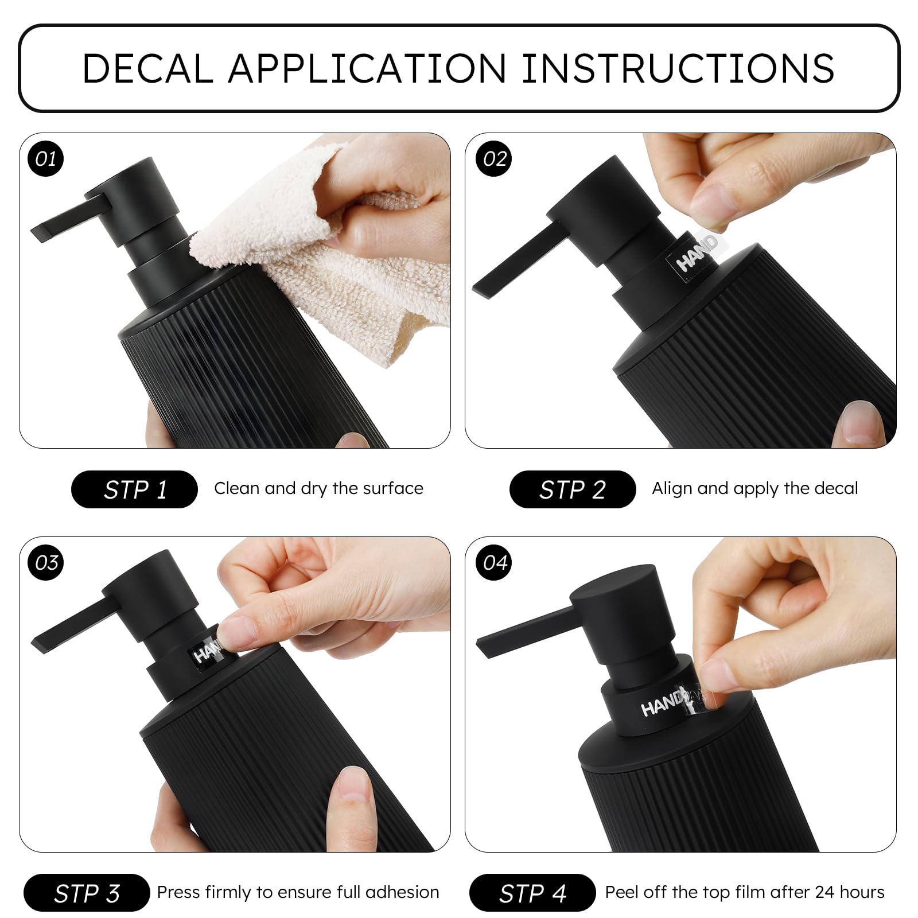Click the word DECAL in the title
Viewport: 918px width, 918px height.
point(148,68)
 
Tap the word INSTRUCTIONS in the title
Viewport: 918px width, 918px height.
point(678,68)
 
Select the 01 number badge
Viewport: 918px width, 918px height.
point(46,159)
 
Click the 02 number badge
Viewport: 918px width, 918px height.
point(495,159)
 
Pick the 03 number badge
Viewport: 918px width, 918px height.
point(46,562)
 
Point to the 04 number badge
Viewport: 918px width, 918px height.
point(495,562)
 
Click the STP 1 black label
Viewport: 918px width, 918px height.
point(134,489)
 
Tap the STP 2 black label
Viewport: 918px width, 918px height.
point(573,489)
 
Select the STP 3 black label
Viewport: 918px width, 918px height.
point(87,893)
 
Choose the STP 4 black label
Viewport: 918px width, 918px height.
point(532,893)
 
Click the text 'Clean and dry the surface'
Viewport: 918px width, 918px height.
point(318,489)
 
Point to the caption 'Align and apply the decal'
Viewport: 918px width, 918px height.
point(755,489)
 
